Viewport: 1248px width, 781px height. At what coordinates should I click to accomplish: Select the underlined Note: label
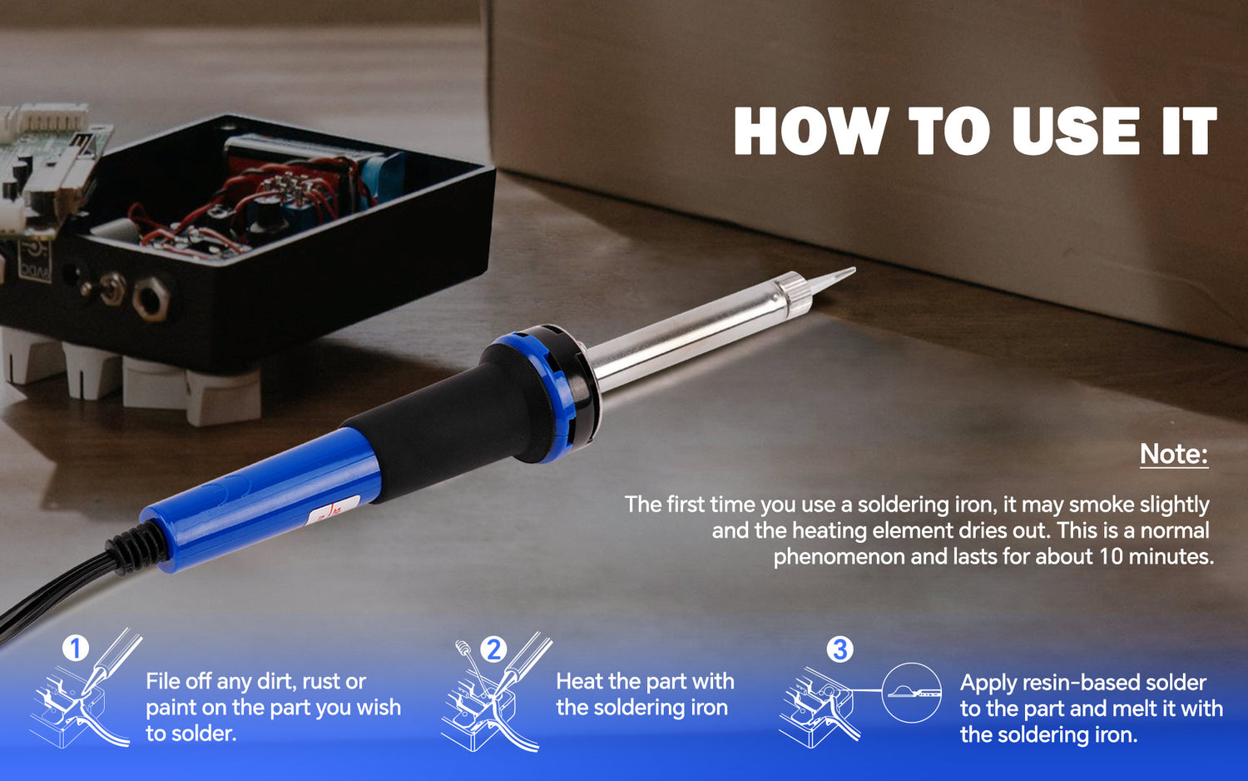(x=1173, y=454)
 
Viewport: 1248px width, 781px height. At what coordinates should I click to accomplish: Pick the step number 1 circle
(x=76, y=648)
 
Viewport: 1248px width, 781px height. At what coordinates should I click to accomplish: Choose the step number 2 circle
(x=493, y=649)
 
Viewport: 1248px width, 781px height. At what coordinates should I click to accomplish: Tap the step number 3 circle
(x=839, y=649)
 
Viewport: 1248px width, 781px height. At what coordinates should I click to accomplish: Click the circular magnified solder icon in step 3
(x=911, y=693)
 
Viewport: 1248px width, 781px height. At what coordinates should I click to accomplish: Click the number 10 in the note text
(x=1111, y=556)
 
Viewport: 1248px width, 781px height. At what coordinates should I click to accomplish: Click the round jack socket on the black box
(x=152, y=298)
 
